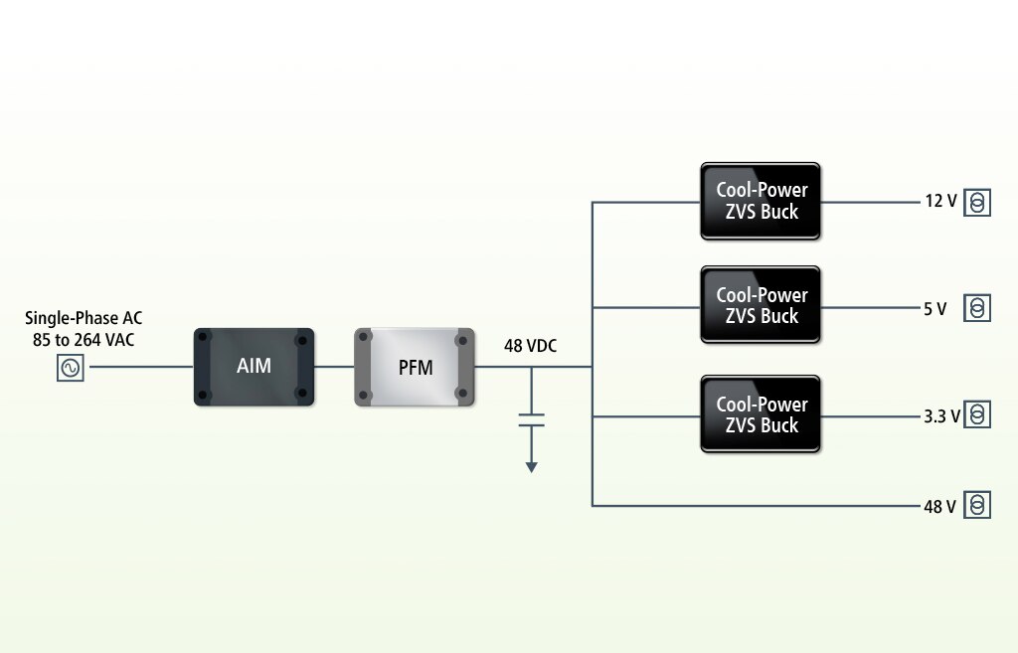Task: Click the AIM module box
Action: click(x=254, y=367)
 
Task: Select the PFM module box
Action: click(x=415, y=367)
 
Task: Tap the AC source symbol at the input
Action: click(x=71, y=368)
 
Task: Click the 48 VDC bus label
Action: click(x=530, y=346)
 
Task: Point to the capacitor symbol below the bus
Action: click(x=531, y=417)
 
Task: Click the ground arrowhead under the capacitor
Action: click(x=531, y=466)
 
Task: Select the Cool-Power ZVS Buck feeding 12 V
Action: click(x=761, y=201)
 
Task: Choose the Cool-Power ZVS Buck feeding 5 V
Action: click(x=761, y=305)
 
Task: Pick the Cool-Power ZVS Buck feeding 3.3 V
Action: click(x=761, y=414)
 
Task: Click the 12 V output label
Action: click(x=940, y=202)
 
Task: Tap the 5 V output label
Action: click(x=934, y=309)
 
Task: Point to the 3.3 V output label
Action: click(x=941, y=415)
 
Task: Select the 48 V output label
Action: click(x=939, y=507)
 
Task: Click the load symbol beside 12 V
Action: click(x=978, y=203)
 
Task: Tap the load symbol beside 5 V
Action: click(x=978, y=308)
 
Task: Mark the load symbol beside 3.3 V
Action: click(x=978, y=414)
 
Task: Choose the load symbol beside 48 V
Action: click(x=978, y=506)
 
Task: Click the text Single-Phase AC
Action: click(x=84, y=319)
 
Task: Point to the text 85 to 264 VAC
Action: click(x=84, y=340)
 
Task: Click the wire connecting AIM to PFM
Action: click(x=334, y=367)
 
